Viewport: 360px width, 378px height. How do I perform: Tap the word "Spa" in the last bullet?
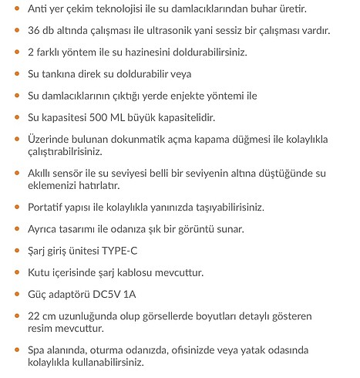35,350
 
